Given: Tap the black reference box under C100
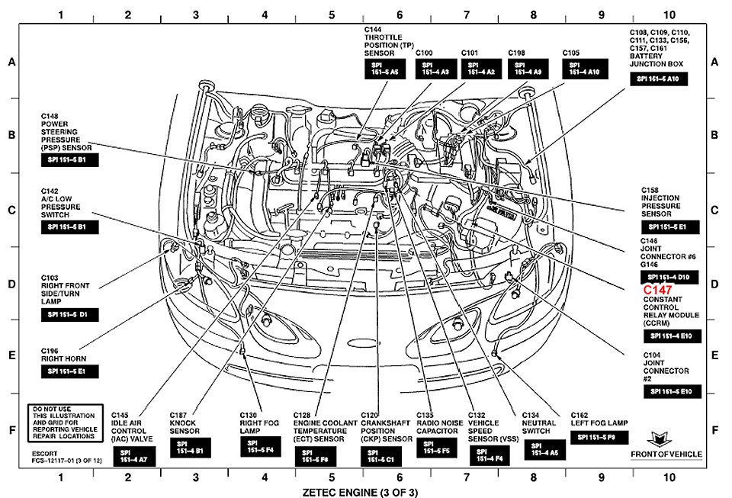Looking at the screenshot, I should (435, 69).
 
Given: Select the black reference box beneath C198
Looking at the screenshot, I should (528, 69).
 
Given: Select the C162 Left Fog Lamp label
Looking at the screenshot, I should (599, 422).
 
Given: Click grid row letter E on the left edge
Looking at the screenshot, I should (11, 355).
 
